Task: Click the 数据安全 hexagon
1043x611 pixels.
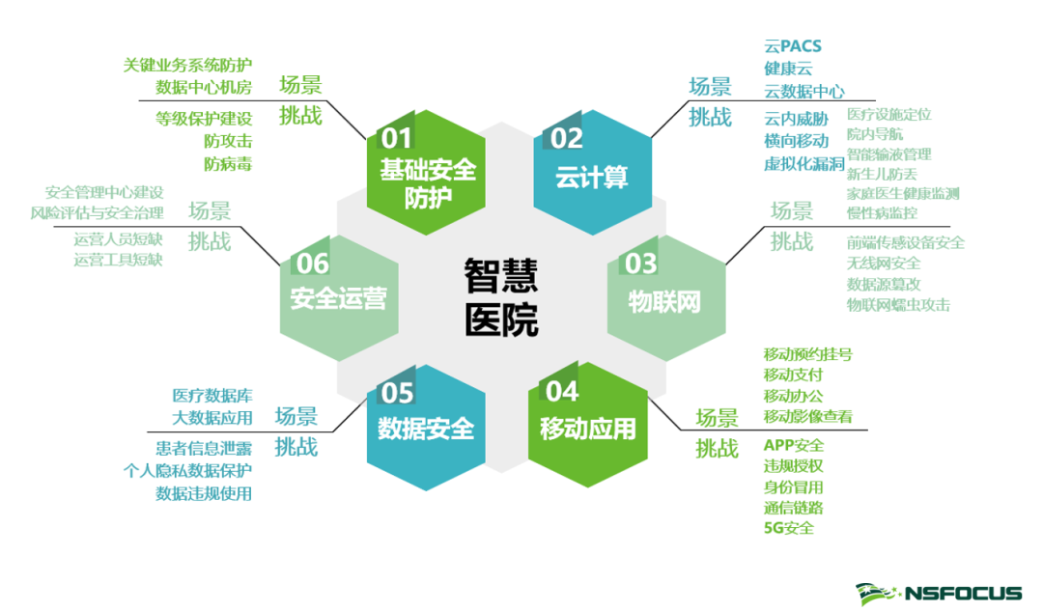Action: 426,425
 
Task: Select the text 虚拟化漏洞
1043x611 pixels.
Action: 803,163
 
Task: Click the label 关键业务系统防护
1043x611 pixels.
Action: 187,66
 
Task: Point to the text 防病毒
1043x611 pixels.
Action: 228,163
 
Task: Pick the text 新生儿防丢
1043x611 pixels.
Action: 882,174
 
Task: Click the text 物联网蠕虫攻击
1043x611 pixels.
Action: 898,304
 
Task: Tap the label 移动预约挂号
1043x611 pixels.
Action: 807,353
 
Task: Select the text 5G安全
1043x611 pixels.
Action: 788,528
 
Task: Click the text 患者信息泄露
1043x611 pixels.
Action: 204,449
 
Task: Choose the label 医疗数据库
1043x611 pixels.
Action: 212,396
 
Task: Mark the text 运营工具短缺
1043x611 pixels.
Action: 118,260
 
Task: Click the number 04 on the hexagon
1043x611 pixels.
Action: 563,391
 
